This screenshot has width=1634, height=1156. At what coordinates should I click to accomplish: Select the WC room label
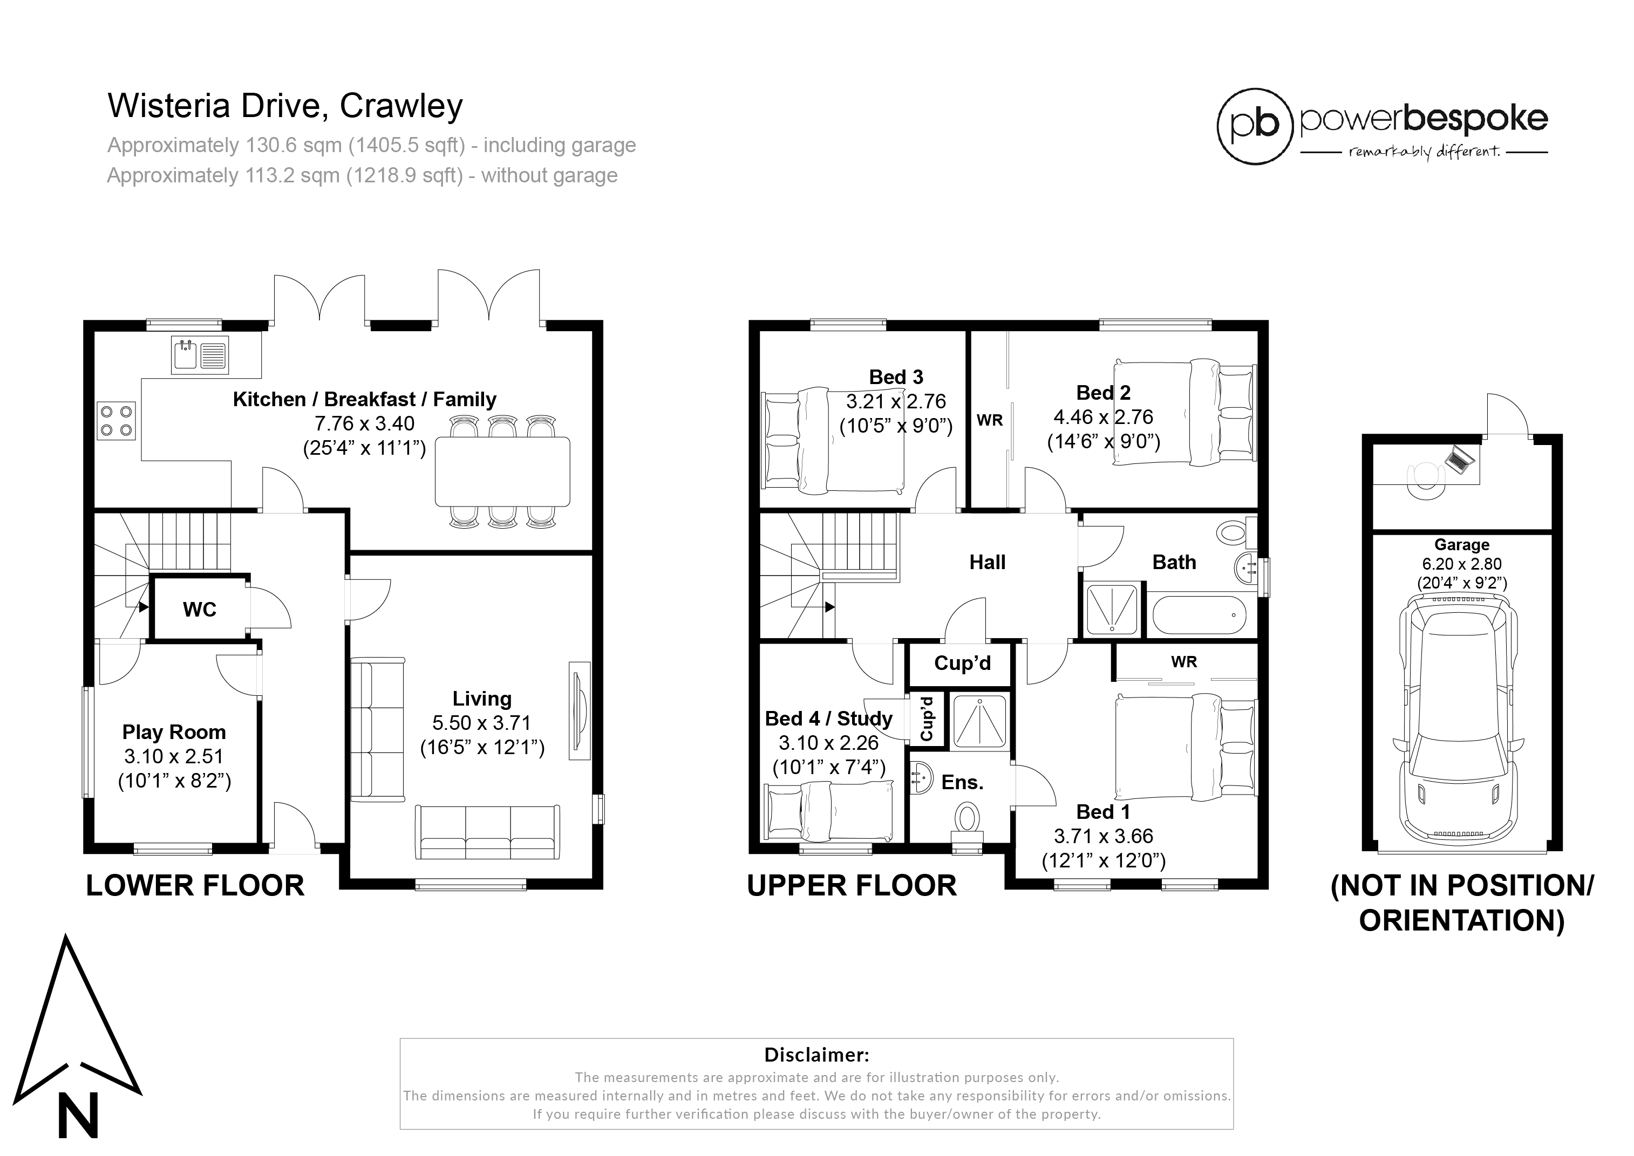pos(199,610)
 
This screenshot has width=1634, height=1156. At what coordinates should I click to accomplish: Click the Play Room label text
pos(174,732)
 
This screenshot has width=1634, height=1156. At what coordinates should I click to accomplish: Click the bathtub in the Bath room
pos(1199,615)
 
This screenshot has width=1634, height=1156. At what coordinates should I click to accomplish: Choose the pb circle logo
pos(1255,127)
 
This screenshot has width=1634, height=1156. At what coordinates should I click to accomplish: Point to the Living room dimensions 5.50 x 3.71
pos(482,723)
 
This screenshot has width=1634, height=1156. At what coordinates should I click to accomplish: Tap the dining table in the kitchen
pos(502,471)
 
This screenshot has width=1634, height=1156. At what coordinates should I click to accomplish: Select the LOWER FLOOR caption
pos(195,886)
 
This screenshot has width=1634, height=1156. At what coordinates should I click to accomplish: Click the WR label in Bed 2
pos(990,420)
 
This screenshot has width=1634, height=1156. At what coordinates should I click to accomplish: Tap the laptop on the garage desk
pos(1458,459)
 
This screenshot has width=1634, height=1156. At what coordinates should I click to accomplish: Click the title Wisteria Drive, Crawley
pos(285,106)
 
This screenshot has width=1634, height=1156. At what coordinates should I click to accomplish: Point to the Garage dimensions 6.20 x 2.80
pos(1462,564)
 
